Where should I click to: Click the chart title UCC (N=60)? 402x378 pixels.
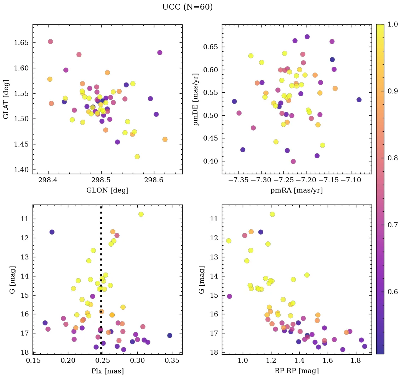(187, 7)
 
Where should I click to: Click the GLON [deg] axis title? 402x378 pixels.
(107, 190)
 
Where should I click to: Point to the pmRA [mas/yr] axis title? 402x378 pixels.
(297, 190)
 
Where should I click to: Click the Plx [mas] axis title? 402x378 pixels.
(107, 371)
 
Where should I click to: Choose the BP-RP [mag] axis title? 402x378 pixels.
(297, 371)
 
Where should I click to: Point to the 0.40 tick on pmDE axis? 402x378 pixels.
(212, 161)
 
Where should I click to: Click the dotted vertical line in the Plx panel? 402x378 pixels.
(101, 269)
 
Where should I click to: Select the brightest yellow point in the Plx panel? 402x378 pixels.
(141, 214)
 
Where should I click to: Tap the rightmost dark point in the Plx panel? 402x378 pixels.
(170, 335)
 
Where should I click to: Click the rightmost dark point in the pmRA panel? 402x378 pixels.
(359, 100)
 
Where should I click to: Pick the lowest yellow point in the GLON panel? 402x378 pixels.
(137, 156)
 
